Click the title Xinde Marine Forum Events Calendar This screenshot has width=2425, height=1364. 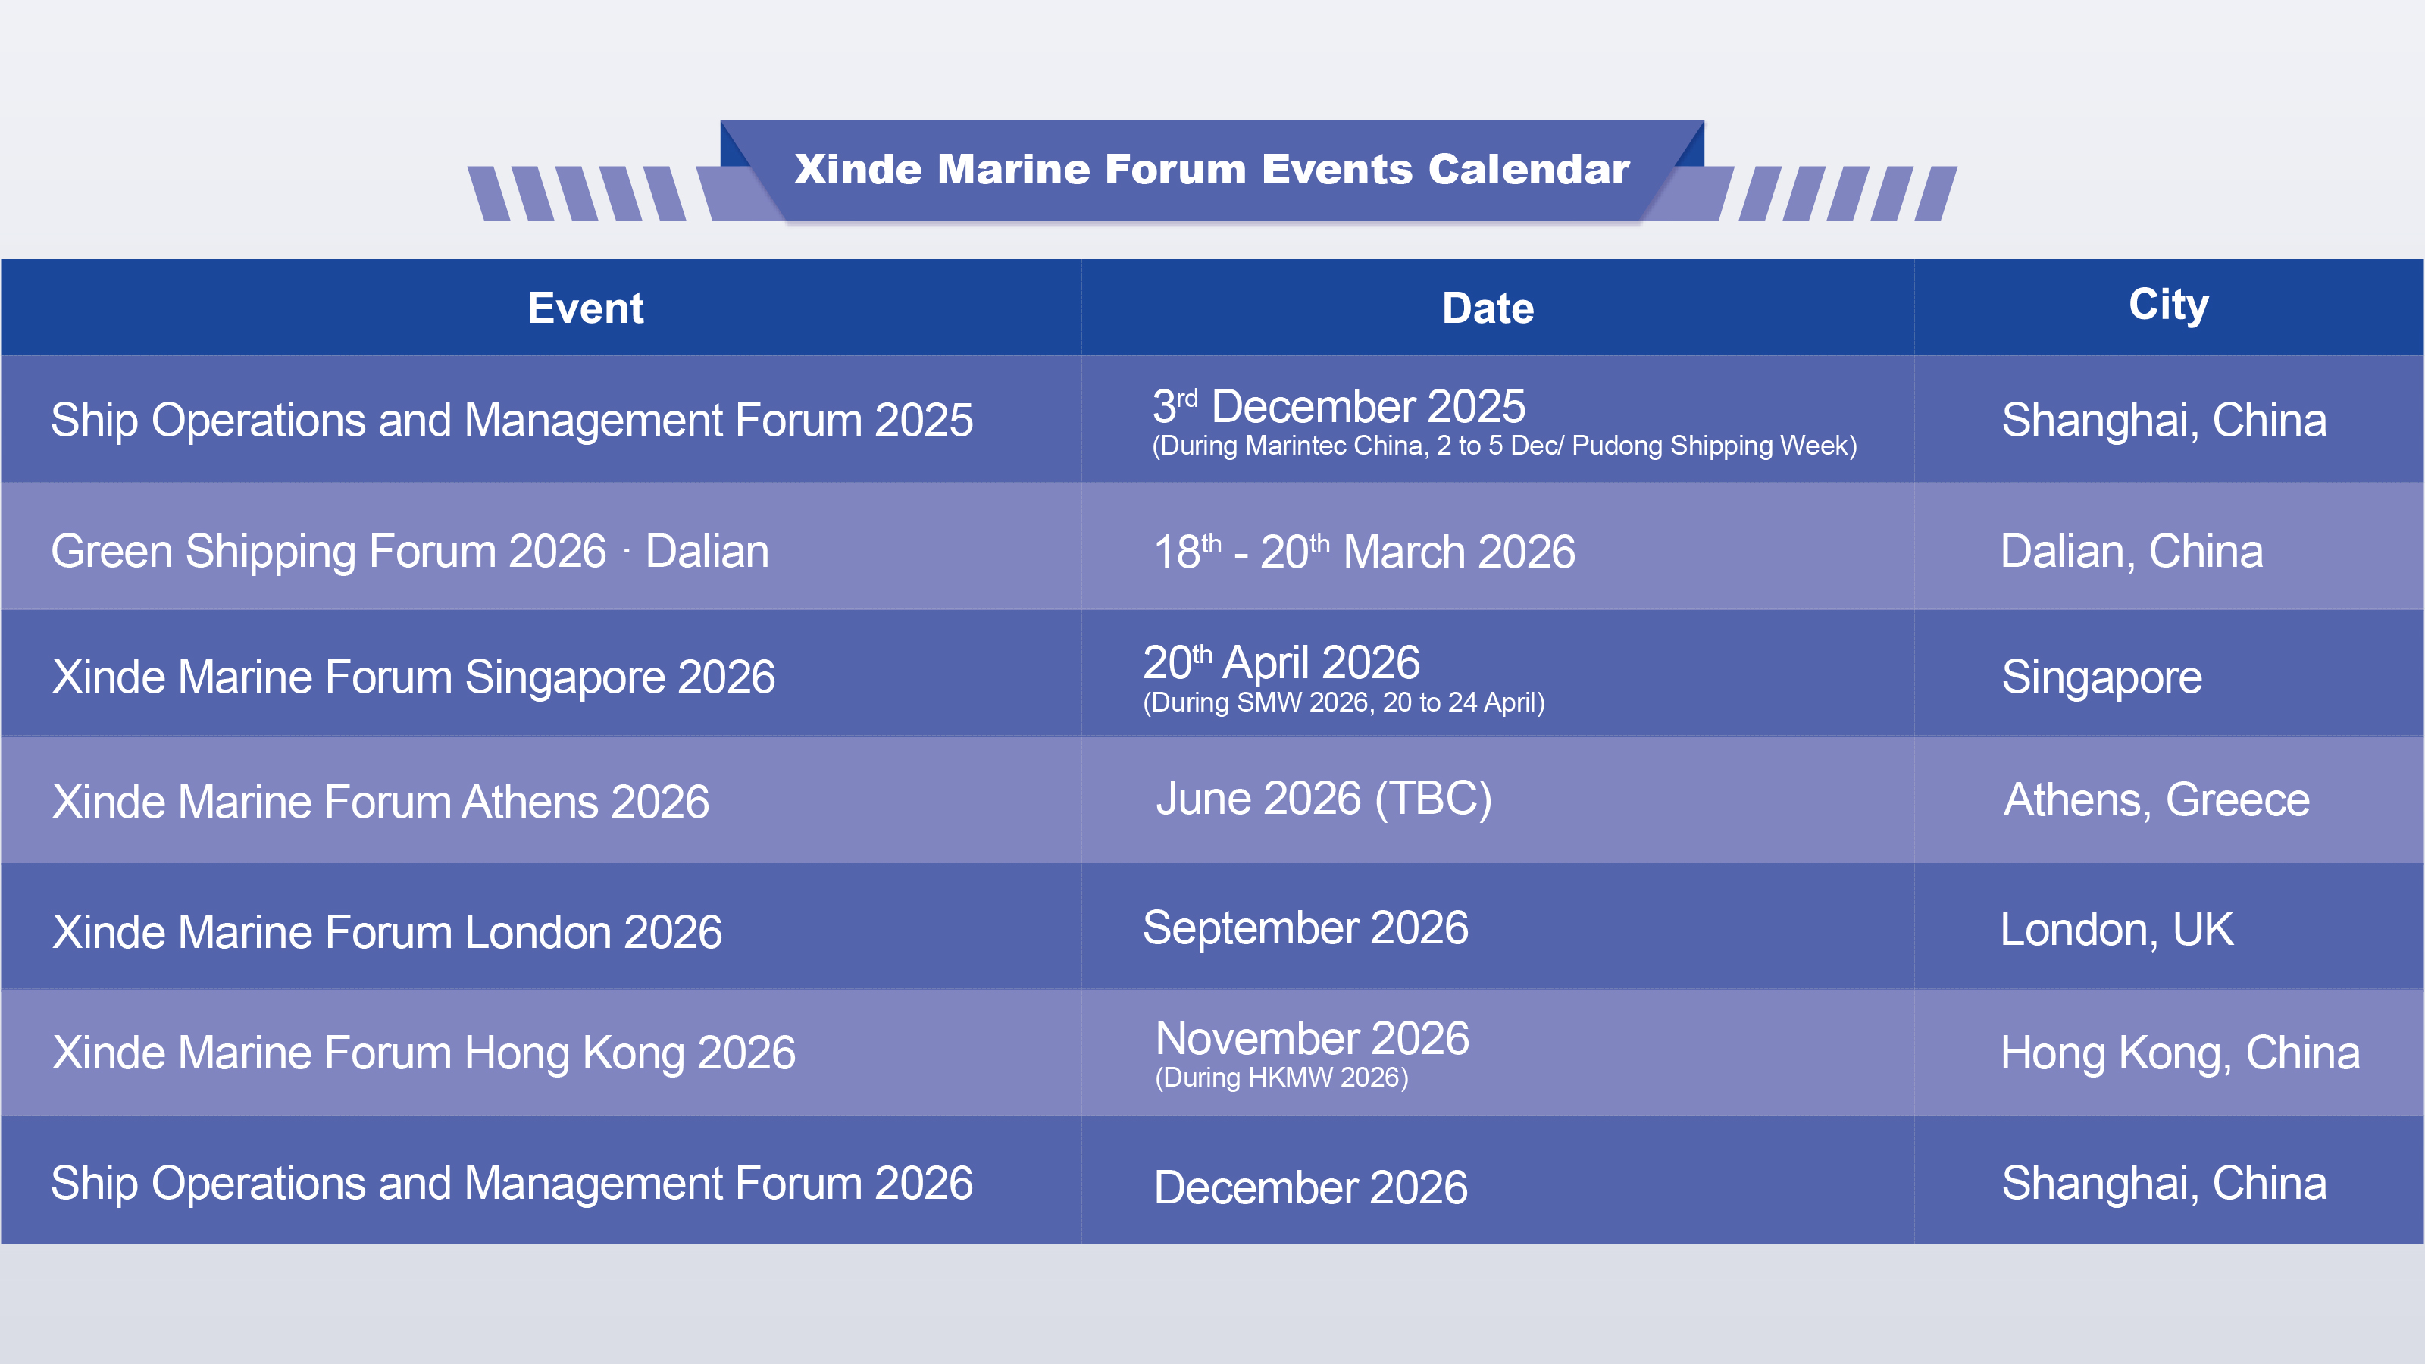pos(1212,170)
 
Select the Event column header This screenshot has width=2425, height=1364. pos(586,308)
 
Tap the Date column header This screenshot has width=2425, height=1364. pos(1488,308)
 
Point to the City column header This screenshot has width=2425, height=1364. pos(2169,305)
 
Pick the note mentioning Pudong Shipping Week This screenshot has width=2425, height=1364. pos(1504,446)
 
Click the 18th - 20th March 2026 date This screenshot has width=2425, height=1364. pos(1364,552)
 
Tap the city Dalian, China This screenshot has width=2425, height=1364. pos(2131,552)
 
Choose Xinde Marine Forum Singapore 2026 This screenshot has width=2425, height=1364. pos(413,677)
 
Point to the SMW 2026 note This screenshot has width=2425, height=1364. pos(1344,702)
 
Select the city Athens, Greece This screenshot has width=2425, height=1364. pos(2156,800)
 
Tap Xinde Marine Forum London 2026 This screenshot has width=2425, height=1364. pos(387,932)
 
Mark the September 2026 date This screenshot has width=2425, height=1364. pos(1305,928)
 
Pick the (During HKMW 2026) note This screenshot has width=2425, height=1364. pos(1281,1077)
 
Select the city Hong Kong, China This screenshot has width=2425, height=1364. pos(2180,1053)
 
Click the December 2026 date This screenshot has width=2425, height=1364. pos(1310,1187)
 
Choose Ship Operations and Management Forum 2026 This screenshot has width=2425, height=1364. pos(512,1183)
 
